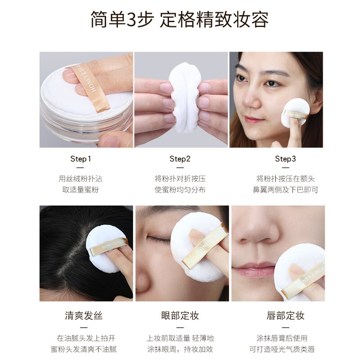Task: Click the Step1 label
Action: [81, 159]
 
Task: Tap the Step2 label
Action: [180, 159]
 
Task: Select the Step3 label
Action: [285, 159]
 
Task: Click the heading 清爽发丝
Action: [81, 315]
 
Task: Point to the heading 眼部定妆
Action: [180, 315]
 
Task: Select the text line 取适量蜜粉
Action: [81, 190]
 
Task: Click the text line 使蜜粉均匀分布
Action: [180, 190]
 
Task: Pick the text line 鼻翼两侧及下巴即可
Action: [285, 190]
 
